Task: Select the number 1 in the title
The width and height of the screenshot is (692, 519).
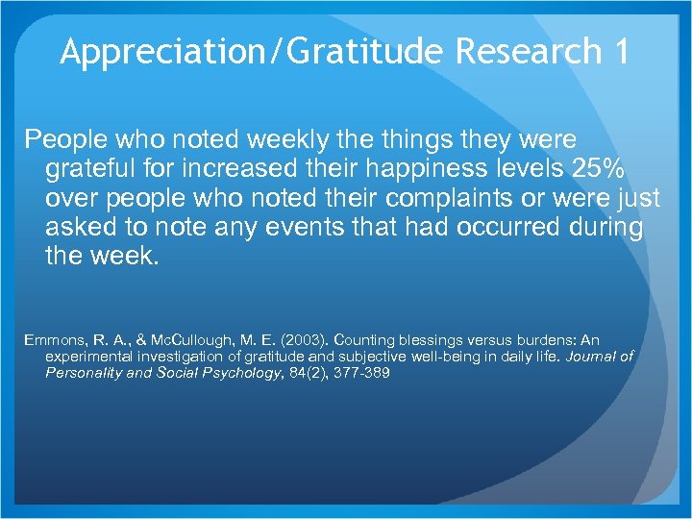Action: tap(618, 51)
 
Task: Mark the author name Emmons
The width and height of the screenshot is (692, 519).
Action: tap(56, 340)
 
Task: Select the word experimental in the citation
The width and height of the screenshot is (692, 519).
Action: tap(86, 357)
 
